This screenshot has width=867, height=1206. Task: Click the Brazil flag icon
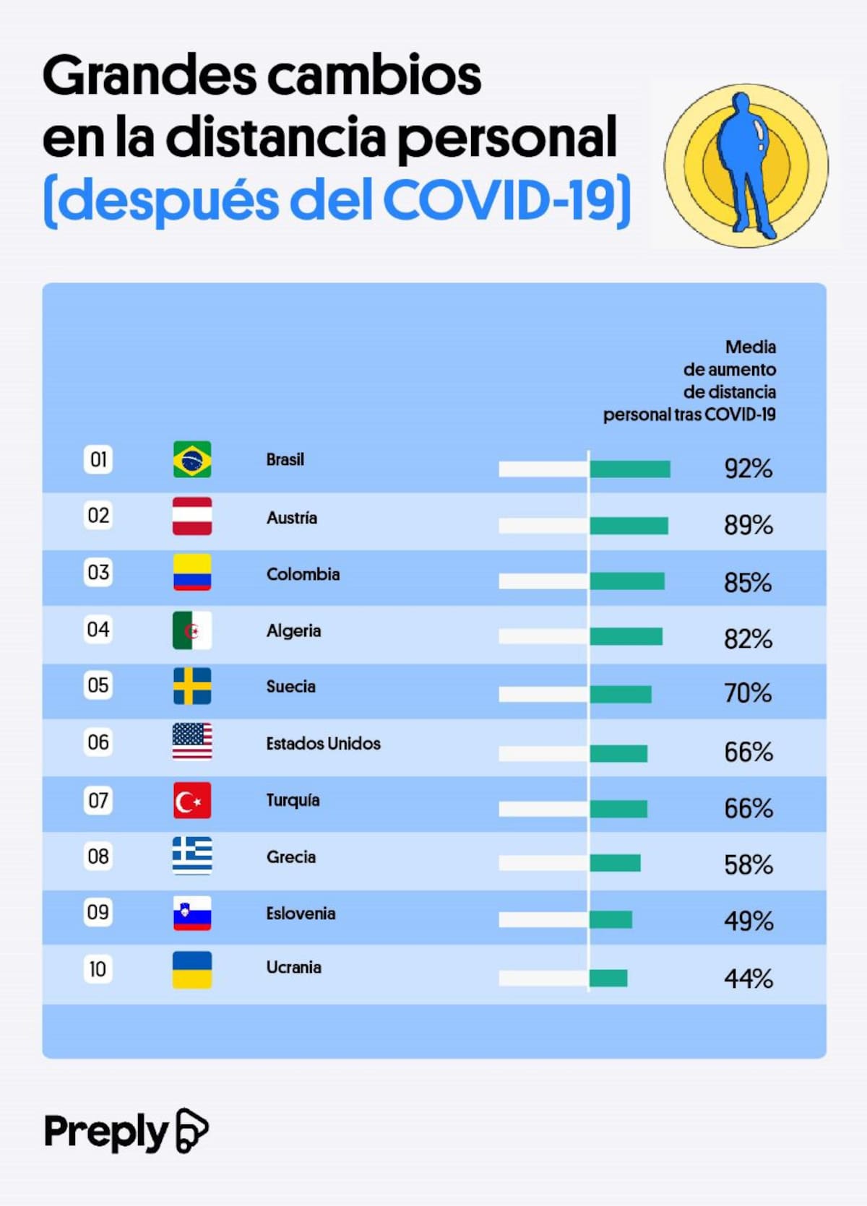[192, 459]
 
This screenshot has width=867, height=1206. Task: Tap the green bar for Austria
[629, 526]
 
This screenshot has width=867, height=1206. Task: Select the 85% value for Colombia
[748, 582]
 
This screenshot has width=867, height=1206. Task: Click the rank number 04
[98, 629]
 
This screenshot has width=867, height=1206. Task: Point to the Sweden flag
[192, 686]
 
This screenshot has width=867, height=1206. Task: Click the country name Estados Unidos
[323, 743]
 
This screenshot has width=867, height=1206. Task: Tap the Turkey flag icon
[192, 800]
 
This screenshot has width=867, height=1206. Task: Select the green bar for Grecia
[615, 863]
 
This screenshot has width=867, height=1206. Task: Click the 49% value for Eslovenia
[749, 921]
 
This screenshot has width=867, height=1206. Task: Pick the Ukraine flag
[192, 970]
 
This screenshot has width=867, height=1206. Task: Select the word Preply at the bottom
[105, 1132]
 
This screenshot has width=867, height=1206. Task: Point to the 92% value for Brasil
[749, 469]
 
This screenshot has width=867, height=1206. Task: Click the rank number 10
[98, 968]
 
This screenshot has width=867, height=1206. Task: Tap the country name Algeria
[293, 630]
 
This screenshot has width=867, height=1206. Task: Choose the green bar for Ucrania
[608, 979]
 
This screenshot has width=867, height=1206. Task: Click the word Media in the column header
[751, 347]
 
